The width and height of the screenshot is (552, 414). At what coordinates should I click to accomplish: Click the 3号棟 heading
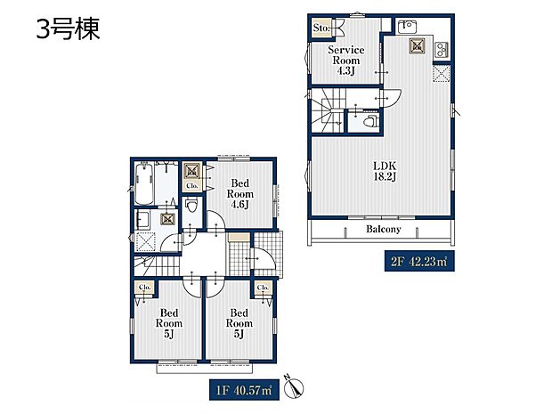[x=69, y=28]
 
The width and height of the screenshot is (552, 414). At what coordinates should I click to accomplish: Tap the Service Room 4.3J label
[x=345, y=61]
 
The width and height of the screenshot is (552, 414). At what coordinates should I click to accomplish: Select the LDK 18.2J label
[x=385, y=171]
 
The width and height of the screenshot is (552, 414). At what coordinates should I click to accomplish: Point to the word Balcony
[x=384, y=229]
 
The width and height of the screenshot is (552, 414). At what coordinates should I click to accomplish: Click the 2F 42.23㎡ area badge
[x=419, y=261]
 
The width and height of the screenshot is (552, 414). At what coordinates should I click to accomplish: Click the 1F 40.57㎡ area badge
[x=244, y=390]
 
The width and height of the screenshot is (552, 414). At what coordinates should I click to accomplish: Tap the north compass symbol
[x=294, y=387]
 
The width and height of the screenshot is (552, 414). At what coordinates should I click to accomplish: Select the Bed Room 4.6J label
[x=239, y=193]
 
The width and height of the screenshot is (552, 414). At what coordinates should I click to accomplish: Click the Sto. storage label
[x=321, y=28]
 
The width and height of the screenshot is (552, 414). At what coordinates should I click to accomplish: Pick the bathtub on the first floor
[x=144, y=183]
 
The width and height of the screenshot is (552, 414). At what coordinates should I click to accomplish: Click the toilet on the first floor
[x=191, y=205]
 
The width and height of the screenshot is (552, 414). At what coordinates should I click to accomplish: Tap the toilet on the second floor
[x=370, y=121]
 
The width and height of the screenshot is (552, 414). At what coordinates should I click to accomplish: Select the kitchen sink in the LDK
[x=407, y=26]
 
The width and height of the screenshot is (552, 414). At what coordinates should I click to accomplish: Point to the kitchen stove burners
[x=442, y=50]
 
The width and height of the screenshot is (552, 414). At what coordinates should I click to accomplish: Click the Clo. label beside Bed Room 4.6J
[x=192, y=185]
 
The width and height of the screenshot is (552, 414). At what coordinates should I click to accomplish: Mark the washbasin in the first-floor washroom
[x=143, y=220]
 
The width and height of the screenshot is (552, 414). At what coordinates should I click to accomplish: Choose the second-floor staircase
[x=328, y=110]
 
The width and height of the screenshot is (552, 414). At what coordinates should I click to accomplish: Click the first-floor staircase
[x=157, y=265]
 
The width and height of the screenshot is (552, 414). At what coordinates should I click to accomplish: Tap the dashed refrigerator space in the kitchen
[x=442, y=73]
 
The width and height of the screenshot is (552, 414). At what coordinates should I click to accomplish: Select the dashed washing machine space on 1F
[x=145, y=242]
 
